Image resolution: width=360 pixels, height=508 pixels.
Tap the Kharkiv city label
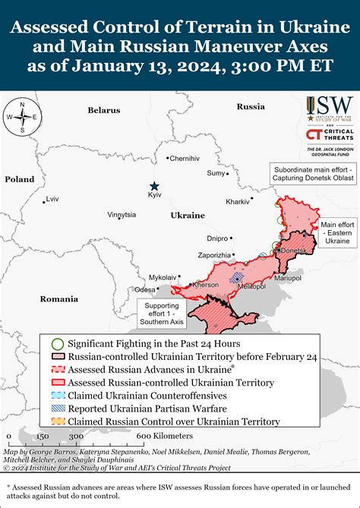(238, 202)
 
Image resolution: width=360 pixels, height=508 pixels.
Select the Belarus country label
(104, 111)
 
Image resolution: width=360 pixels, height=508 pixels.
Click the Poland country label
(20, 179)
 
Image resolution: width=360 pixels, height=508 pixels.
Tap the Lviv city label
(52, 199)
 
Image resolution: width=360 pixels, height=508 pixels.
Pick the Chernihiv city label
(184, 159)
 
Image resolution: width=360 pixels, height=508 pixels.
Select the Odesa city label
(144, 289)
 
